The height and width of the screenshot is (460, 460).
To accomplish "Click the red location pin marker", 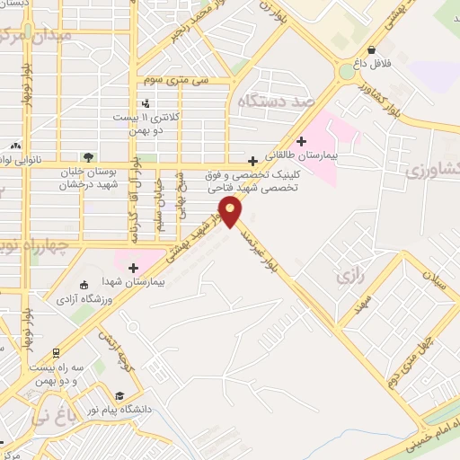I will (x=231, y=212).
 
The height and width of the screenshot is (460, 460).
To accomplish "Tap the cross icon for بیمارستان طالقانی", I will (x=302, y=140).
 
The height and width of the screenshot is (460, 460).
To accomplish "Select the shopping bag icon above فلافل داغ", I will (x=372, y=50).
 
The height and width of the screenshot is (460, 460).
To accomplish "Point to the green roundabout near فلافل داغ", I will (x=347, y=71).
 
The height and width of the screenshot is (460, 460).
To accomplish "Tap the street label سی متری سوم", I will (x=181, y=80).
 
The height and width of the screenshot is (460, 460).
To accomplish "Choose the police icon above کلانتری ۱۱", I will (x=146, y=103).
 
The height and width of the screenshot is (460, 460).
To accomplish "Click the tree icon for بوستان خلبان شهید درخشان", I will (x=87, y=157).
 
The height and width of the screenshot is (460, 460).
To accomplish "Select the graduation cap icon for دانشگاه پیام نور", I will (x=120, y=396).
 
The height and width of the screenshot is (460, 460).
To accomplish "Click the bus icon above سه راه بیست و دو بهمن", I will (x=57, y=353).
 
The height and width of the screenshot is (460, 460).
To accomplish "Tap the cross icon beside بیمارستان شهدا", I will (x=134, y=268).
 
